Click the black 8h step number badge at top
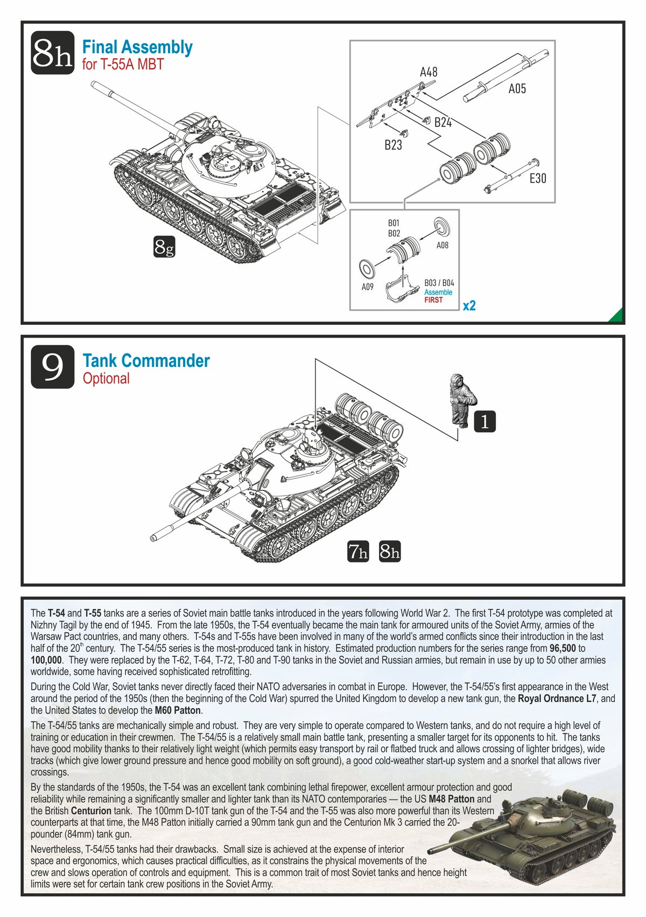click(52, 52)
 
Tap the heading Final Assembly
click(137, 47)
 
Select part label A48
click(429, 72)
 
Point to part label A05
click(517, 89)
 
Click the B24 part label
click(443, 122)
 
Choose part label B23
click(393, 145)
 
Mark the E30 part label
click(537, 178)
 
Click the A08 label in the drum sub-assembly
click(442, 245)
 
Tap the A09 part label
click(367, 287)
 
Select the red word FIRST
click(433, 300)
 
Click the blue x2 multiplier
click(469, 305)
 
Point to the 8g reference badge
click(164, 247)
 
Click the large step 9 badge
click(52, 367)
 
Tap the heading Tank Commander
click(146, 361)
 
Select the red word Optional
click(106, 379)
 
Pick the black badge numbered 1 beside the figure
click(484, 421)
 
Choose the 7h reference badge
click(358, 551)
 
